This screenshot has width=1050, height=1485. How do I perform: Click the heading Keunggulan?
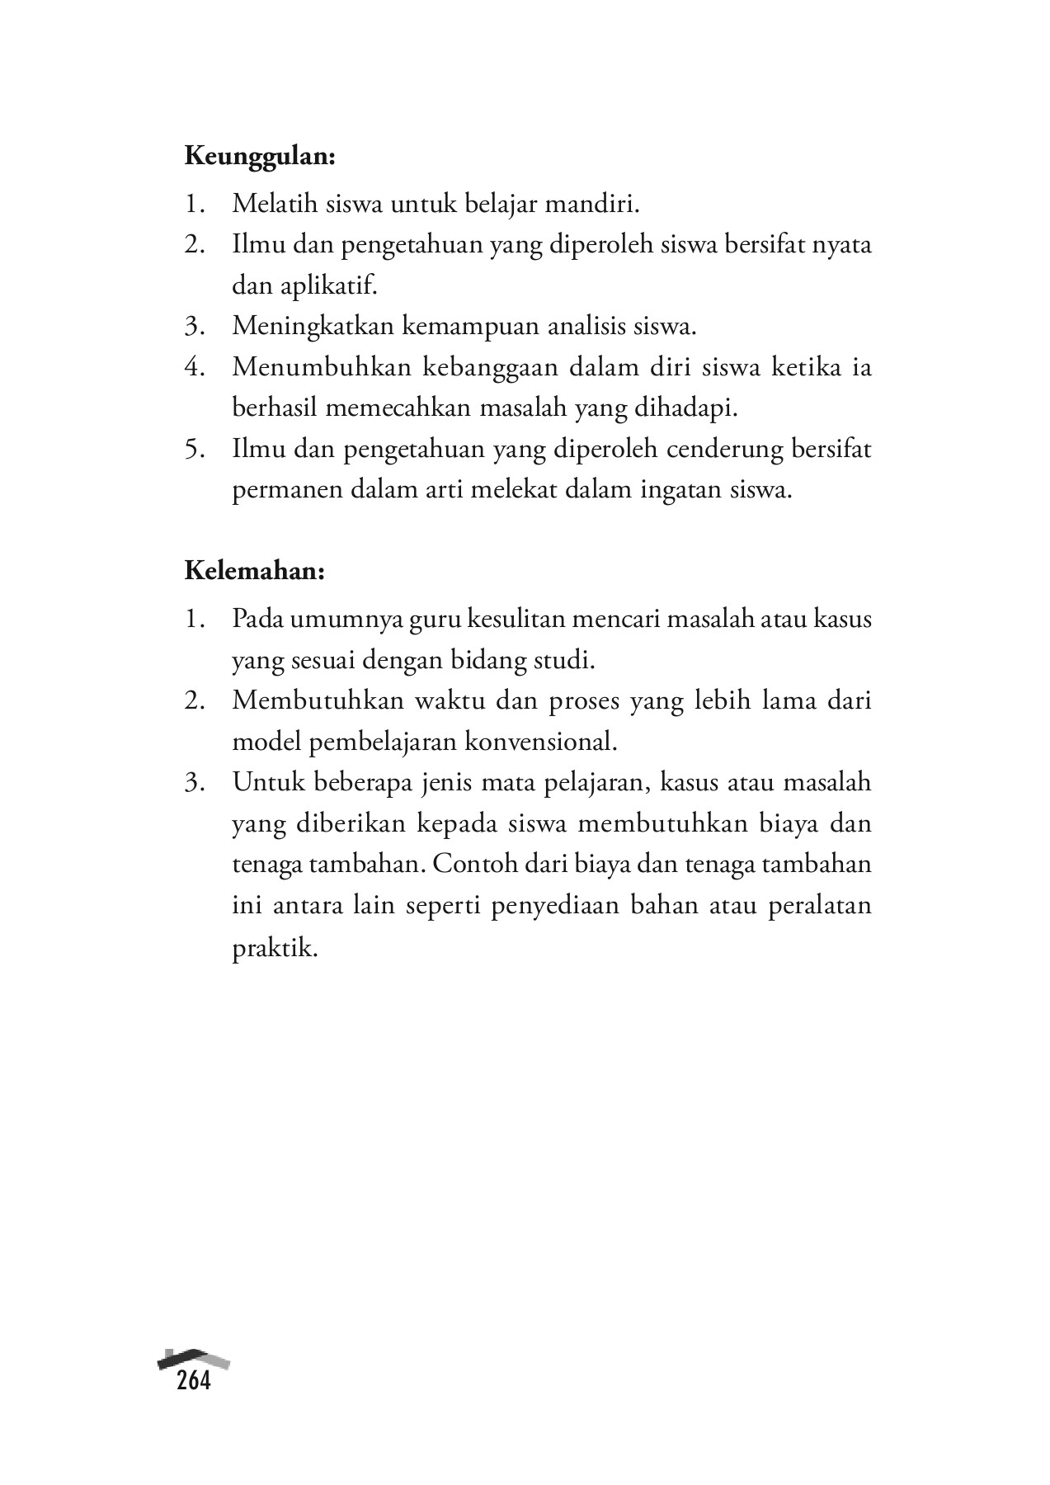pos(260,157)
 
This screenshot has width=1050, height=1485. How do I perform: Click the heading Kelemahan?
pos(254,571)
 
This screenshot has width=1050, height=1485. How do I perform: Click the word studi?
pos(567,660)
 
